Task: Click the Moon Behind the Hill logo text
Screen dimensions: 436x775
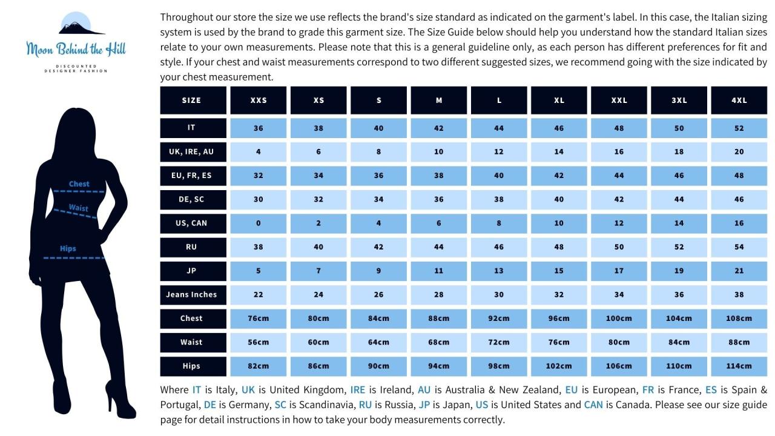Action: [76, 50]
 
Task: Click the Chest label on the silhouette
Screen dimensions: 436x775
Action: [79, 184]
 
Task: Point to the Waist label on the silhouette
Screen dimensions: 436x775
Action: [78, 208]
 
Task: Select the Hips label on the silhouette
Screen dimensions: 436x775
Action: [68, 248]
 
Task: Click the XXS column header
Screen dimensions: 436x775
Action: [259, 101]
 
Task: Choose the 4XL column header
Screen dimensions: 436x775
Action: [739, 101]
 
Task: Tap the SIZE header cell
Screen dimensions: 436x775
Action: [191, 101]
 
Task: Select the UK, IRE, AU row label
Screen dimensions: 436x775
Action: [191, 151]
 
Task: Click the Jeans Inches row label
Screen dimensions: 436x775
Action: [191, 294]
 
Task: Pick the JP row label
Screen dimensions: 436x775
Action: [191, 271]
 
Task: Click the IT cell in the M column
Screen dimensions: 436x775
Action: [439, 128]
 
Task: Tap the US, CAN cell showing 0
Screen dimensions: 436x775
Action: [259, 223]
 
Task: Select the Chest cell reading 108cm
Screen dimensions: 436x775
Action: [739, 319]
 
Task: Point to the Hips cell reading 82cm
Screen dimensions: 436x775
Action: [259, 366]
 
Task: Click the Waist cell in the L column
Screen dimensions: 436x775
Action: [499, 342]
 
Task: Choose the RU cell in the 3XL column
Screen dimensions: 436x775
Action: [679, 247]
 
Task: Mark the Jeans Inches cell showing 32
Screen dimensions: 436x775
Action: [559, 294]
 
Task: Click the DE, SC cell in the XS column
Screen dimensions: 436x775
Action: [318, 199]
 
